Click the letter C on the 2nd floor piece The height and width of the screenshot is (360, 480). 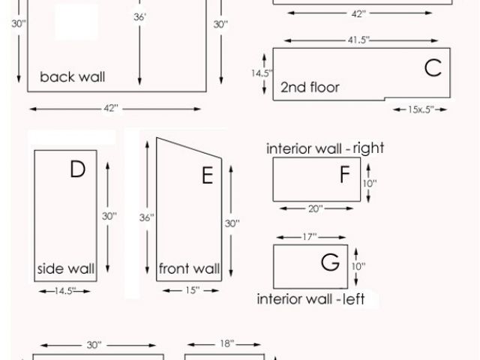coord(433,68)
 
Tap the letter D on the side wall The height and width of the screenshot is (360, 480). coord(78,170)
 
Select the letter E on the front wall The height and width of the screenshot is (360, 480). coord(208,176)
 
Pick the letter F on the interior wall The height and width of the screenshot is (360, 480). coord(344,175)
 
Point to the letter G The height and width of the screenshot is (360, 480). coord(330,263)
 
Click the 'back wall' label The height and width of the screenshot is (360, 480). coord(73,76)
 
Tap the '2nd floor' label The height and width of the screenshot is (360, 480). coord(310,88)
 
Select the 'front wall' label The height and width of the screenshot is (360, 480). coord(189,268)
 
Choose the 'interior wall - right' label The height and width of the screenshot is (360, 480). coord(325,148)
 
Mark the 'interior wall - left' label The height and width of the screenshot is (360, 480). coord(310,299)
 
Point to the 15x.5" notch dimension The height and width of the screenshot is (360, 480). coord(420,109)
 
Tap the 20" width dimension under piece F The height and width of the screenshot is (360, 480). coord(315,208)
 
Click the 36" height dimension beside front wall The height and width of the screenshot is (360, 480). coord(147,218)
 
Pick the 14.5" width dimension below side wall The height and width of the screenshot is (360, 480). coord(65,289)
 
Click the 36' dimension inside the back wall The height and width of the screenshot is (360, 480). coord(140,16)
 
